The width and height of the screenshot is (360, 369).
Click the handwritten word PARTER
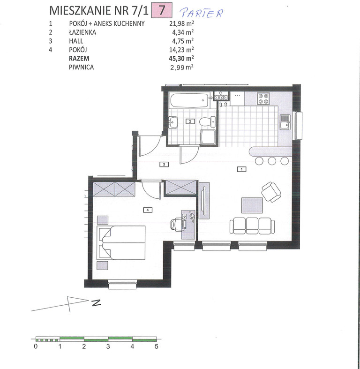[202, 13]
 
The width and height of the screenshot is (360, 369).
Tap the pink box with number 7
[162, 10]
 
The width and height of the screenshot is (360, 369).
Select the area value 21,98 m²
[181, 23]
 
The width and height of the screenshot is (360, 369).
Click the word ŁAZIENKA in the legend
[82, 32]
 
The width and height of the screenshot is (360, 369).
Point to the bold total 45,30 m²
[181, 58]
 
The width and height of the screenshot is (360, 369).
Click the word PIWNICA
[82, 67]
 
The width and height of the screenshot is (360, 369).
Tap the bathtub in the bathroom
[189, 100]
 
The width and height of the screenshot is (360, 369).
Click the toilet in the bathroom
[207, 121]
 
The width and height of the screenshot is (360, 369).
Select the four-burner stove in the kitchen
[263, 98]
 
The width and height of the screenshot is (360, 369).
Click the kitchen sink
[285, 121]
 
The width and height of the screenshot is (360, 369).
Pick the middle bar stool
[272, 161]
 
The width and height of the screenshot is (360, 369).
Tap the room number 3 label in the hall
[164, 164]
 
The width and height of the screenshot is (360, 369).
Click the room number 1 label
[242, 169]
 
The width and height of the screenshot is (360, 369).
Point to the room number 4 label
[148, 210]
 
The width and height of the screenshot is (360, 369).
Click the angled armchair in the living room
[271, 192]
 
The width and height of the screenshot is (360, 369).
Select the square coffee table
[252, 205]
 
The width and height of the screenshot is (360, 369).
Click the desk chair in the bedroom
[178, 225]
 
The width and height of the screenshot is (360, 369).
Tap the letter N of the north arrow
[96, 302]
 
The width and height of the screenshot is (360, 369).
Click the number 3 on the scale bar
[108, 346]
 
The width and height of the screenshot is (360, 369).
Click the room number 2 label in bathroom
[190, 121]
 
